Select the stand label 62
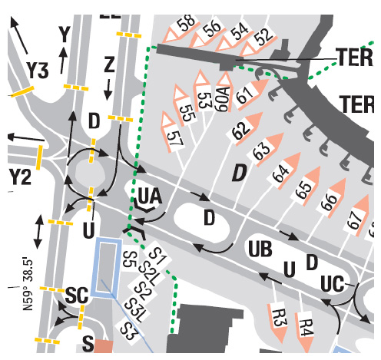coord(240,130)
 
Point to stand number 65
coord(305,190)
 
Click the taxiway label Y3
coord(38,71)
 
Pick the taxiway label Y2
coord(21,177)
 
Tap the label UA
coord(150,197)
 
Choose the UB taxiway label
coord(260,249)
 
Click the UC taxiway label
coord(333,284)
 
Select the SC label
coord(77,295)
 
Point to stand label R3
coord(278,318)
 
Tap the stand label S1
coord(157,256)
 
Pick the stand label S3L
coord(133,310)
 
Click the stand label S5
coord(129,259)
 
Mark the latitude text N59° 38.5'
coord(28,285)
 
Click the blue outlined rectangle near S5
coord(107,268)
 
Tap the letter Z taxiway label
coord(109,65)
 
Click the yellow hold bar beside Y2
coord(39,157)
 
